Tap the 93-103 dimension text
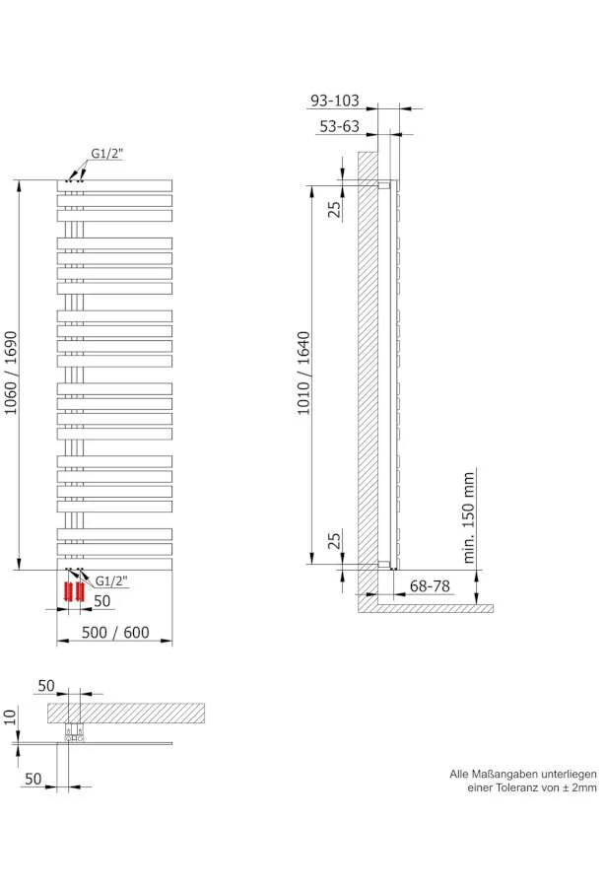click(x=335, y=102)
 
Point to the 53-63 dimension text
click(x=339, y=127)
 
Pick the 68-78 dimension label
click(x=430, y=586)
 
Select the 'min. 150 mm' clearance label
click(x=469, y=516)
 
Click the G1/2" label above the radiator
click(x=108, y=154)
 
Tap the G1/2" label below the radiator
click(x=113, y=580)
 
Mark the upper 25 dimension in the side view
click(x=334, y=208)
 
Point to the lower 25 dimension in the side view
click(x=334, y=540)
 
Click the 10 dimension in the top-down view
click(x=11, y=716)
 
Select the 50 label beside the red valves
click(x=102, y=600)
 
